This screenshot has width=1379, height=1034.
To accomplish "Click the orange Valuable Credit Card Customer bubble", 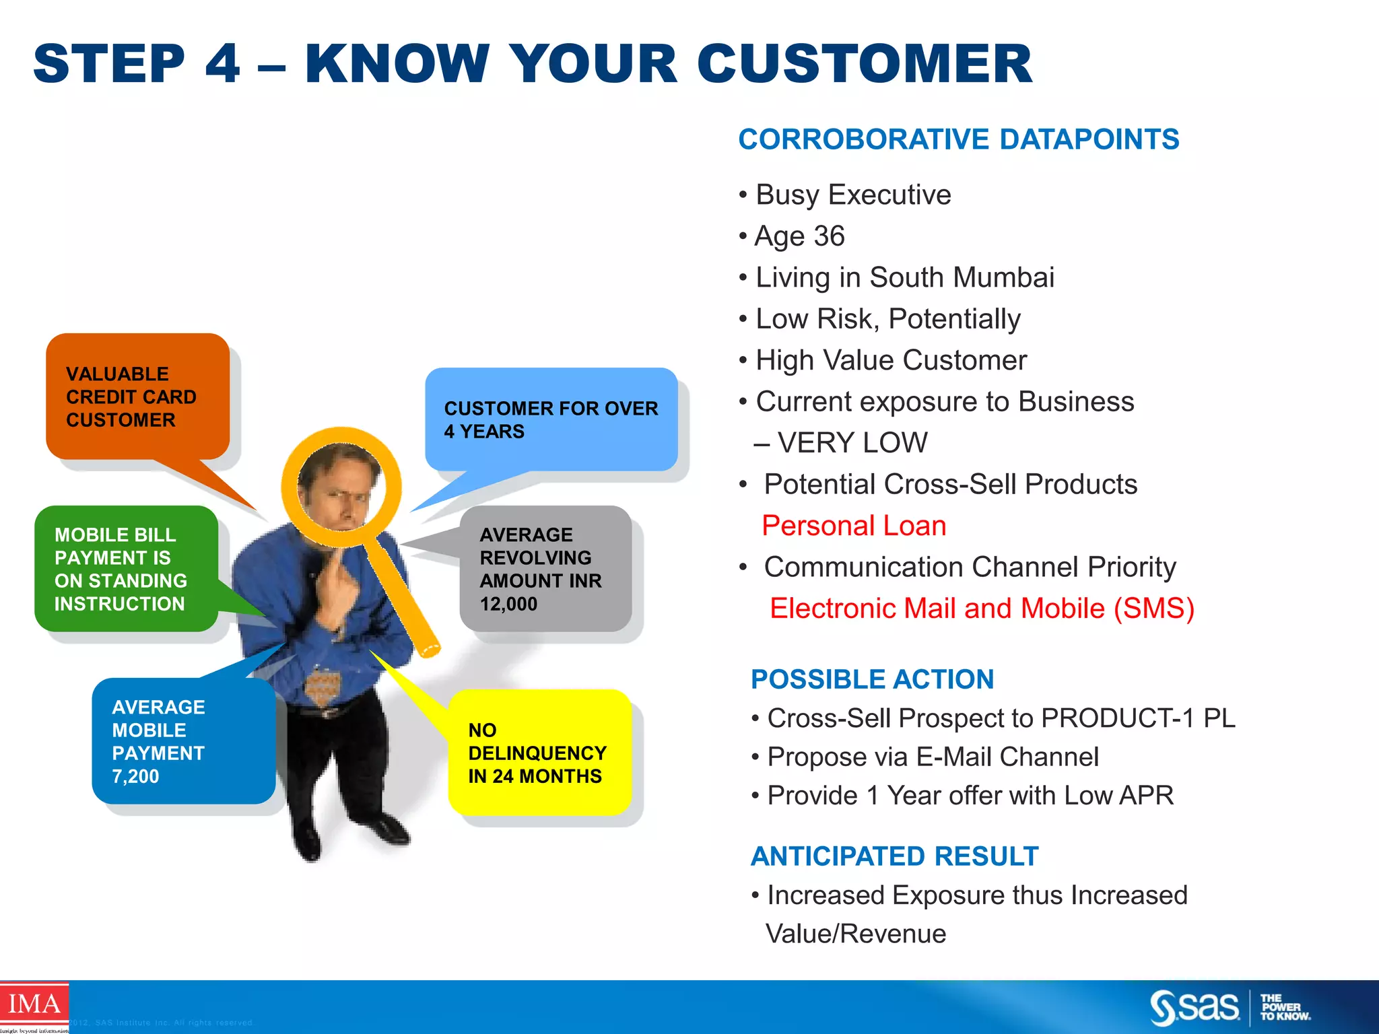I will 137,397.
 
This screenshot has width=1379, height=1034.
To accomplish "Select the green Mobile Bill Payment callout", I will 126,569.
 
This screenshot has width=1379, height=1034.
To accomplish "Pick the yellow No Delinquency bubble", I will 539,753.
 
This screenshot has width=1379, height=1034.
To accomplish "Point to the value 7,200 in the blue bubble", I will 135,776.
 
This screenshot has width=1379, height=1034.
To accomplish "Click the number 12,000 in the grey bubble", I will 508,604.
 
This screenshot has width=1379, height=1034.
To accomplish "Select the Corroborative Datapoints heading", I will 958,139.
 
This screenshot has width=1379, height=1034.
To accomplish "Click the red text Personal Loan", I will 854,526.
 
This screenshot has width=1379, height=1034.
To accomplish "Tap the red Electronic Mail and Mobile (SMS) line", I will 982,609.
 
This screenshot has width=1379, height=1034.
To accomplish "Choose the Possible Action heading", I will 872,679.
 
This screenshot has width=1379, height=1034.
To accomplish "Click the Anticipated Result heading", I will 894,856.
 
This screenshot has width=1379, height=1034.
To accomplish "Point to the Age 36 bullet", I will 799,236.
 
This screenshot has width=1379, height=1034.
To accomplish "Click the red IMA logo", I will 34,1004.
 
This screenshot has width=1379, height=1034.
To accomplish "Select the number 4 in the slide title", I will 222,64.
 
